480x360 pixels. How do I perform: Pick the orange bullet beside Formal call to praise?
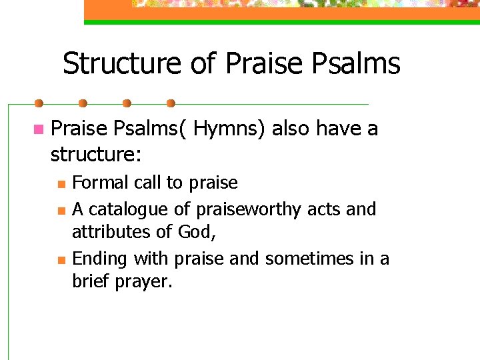click(x=61, y=184)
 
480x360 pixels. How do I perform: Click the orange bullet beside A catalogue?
click(x=61, y=211)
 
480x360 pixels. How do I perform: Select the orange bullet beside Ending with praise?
click(x=61, y=260)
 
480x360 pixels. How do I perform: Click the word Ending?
click(x=101, y=259)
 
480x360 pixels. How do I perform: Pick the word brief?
click(x=91, y=281)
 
